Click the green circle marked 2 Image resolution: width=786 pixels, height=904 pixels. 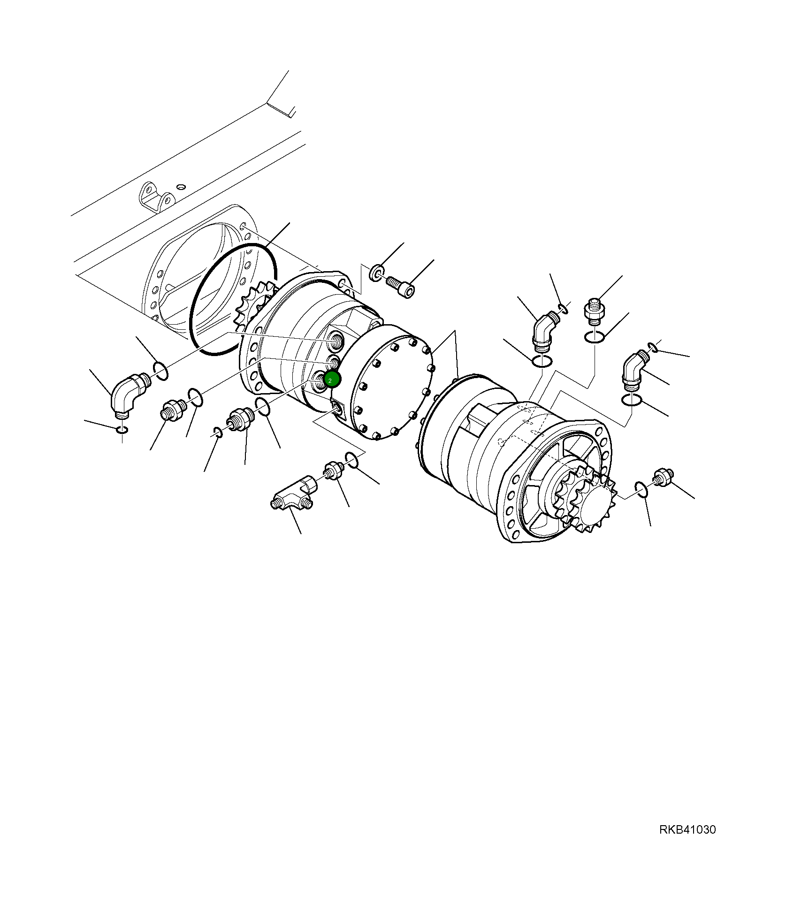pyautogui.click(x=332, y=379)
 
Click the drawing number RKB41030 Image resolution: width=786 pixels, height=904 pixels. pyautogui.click(x=687, y=830)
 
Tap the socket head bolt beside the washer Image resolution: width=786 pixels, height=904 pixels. pyautogui.click(x=401, y=287)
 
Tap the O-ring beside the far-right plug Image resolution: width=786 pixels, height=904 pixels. pyautogui.click(x=641, y=488)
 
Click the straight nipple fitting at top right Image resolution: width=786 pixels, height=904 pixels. pyautogui.click(x=594, y=310)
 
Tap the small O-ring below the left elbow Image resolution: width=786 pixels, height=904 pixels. pyautogui.click(x=122, y=430)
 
